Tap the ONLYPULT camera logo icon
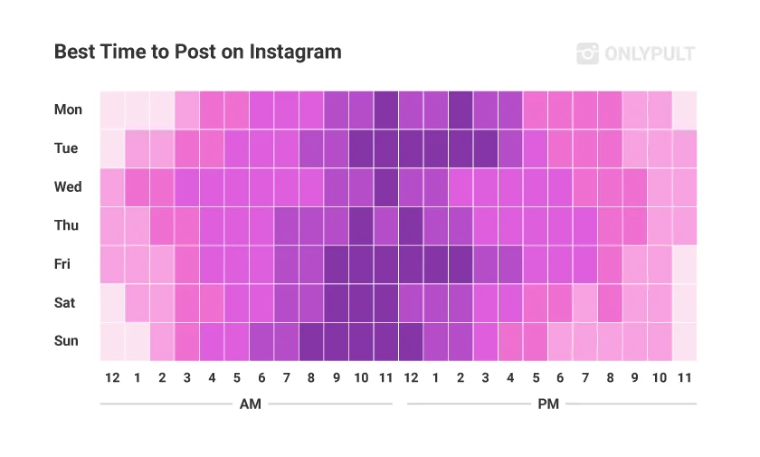pyautogui.click(x=587, y=53)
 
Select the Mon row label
pyautogui.click(x=68, y=109)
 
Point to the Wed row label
pyautogui.click(x=68, y=187)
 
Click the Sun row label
pyautogui.click(x=66, y=341)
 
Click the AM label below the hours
pyautogui.click(x=250, y=404)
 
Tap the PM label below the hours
pyautogui.click(x=548, y=404)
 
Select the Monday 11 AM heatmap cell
pyautogui.click(x=385, y=109)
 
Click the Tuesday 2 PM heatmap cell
pyautogui.click(x=460, y=148)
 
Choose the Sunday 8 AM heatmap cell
pyautogui.click(x=311, y=341)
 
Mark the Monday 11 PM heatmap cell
pyautogui.click(x=684, y=109)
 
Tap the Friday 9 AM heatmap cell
pyautogui.click(x=336, y=264)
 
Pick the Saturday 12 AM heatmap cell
pyautogui.click(x=112, y=303)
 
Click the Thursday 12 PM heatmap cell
pyautogui.click(x=410, y=225)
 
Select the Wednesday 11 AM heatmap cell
pyautogui.click(x=385, y=187)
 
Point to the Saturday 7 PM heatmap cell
pyautogui.click(x=584, y=303)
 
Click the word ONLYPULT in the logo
pyautogui.click(x=649, y=54)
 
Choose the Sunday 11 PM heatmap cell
pyautogui.click(x=684, y=341)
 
